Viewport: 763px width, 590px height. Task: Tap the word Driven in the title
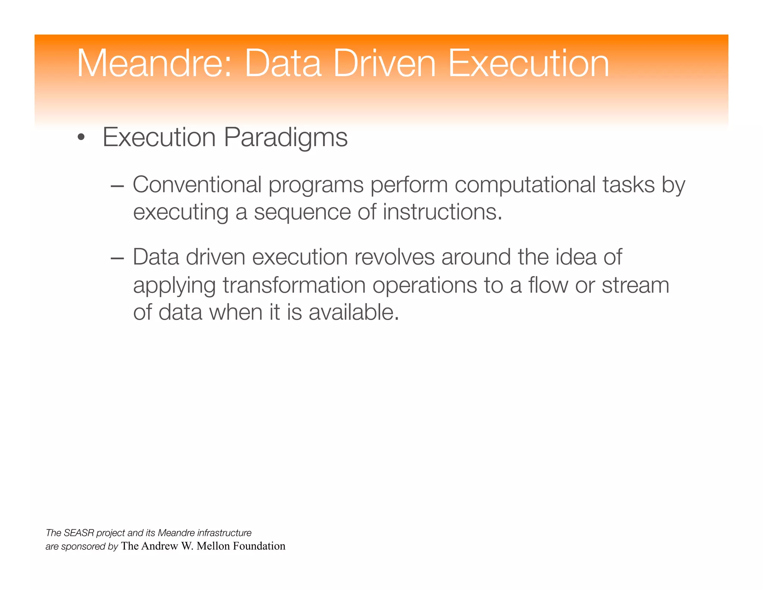(384, 63)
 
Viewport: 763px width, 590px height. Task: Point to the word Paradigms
(286, 138)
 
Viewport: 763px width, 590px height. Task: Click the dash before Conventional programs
(117, 186)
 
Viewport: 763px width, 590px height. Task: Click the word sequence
(302, 213)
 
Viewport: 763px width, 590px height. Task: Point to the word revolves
(394, 257)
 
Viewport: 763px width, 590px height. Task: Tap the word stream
(636, 285)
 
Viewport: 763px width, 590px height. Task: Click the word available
(354, 312)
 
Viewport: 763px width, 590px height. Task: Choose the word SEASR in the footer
(79, 533)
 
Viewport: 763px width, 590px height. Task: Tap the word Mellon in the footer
(213, 546)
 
